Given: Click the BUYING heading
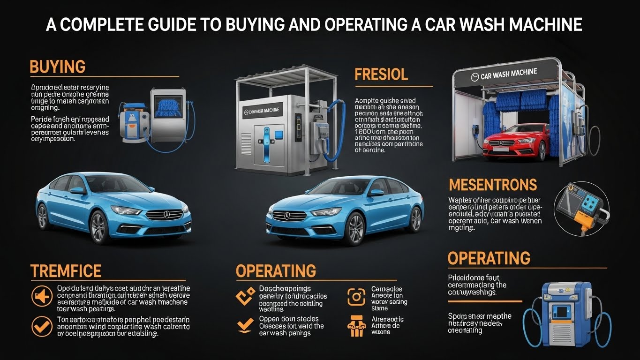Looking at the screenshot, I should [57, 67].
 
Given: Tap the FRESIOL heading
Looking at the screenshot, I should [381, 74].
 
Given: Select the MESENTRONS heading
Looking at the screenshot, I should [492, 185].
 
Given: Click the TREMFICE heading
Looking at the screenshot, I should [66, 271].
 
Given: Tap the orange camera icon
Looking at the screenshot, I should [356, 297].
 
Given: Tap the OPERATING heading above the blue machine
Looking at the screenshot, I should [489, 258].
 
